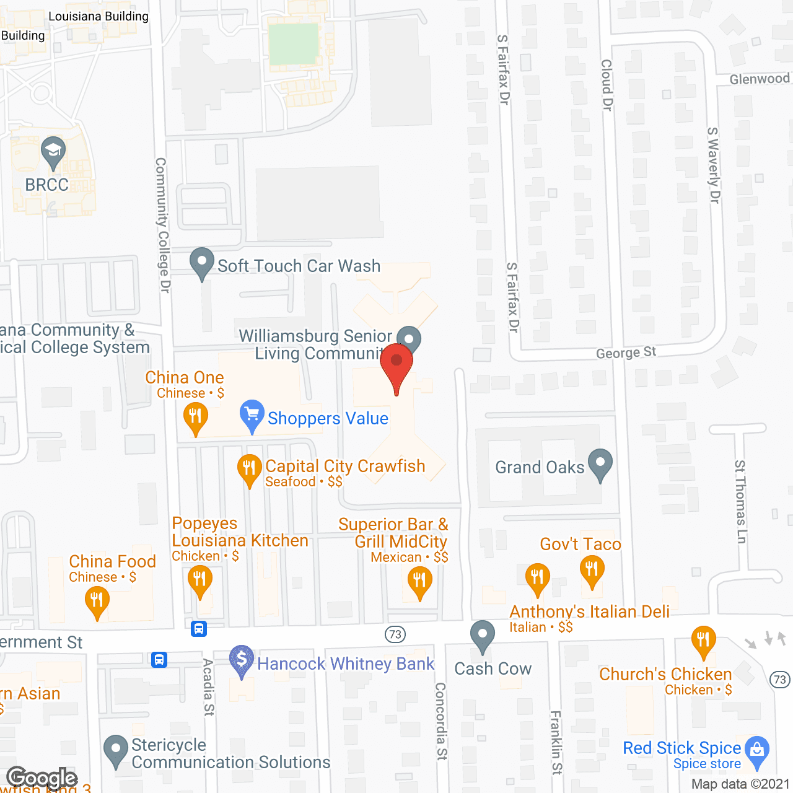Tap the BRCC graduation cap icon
[53, 151]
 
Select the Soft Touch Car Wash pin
[201, 263]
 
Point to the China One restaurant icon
[196, 417]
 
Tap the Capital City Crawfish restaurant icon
[250, 469]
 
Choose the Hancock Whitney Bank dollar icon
[242, 660]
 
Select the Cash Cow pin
[482, 636]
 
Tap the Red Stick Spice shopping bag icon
[756, 751]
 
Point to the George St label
[626, 353]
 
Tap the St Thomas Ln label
[740, 502]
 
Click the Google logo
[42, 778]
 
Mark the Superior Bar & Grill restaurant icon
[419, 582]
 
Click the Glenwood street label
[760, 79]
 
